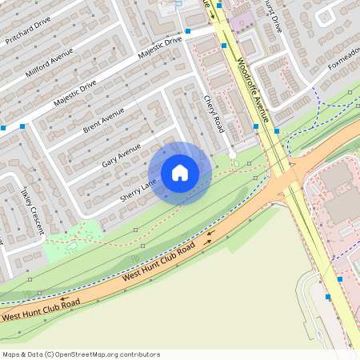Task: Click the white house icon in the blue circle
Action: (180, 173)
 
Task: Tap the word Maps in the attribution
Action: (12, 354)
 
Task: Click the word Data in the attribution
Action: (35, 354)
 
